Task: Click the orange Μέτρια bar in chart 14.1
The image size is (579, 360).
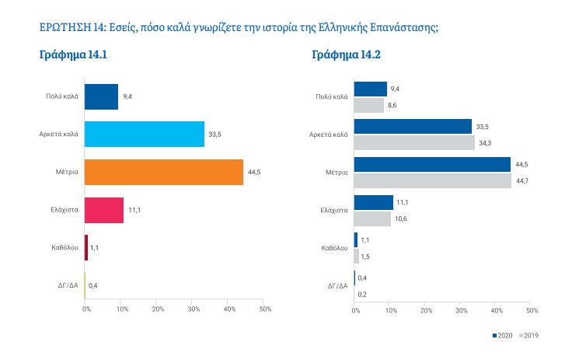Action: coord(163,172)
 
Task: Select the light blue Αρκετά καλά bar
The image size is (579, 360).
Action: coord(144,134)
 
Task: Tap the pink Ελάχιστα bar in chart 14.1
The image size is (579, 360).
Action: coord(103,210)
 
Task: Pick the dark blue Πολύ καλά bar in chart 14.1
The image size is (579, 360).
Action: coord(100,96)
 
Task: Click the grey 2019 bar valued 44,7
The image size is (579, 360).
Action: coord(432,181)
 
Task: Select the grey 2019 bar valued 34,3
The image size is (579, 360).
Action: coord(413,143)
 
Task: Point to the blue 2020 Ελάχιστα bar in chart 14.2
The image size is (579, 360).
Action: coord(373,202)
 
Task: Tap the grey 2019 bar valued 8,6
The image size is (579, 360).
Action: coord(368,105)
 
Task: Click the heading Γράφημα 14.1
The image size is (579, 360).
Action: coord(72,55)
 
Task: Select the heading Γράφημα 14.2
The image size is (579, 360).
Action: coord(346,55)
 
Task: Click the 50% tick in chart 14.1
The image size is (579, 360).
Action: coord(265,309)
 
